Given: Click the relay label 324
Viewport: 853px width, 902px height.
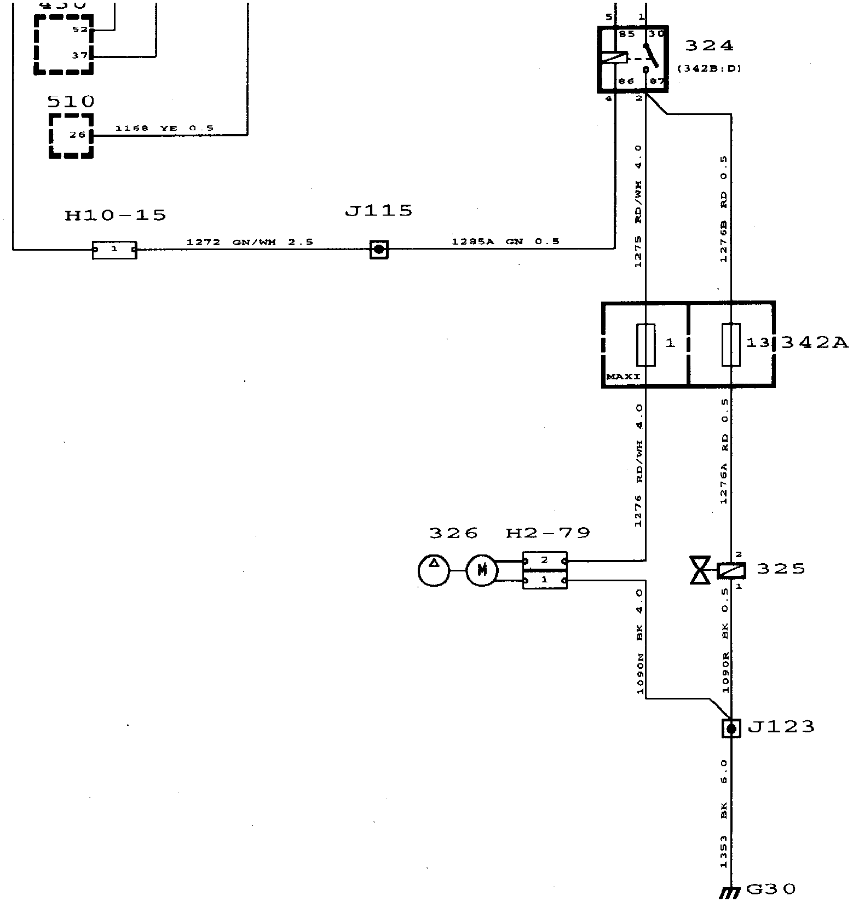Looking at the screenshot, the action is click(x=708, y=45).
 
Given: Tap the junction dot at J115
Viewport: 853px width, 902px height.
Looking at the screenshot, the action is click(x=379, y=250).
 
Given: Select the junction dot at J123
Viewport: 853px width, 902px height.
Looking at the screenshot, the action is click(x=731, y=728).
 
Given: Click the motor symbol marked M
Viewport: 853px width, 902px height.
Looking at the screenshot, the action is click(x=482, y=571).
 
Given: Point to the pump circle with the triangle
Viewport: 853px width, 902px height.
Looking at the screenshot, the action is click(x=434, y=570).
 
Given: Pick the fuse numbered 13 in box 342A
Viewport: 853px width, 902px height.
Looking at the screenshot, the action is click(x=731, y=344).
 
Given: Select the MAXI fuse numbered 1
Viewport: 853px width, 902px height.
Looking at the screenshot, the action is click(x=646, y=344).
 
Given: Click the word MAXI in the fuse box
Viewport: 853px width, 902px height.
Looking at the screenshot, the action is click(x=623, y=377).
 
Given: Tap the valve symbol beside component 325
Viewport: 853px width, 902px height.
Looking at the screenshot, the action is click(x=700, y=570).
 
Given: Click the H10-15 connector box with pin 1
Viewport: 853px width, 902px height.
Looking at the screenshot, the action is click(x=114, y=250).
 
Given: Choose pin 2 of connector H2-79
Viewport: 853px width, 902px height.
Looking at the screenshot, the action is click(x=544, y=560).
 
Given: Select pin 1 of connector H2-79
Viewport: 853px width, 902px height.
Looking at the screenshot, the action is click(x=544, y=580).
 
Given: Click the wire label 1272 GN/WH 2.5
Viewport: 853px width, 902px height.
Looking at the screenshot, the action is click(x=250, y=242).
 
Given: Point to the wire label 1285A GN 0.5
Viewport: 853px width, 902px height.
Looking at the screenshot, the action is click(x=505, y=241).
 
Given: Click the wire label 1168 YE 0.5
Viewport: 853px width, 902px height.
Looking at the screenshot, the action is click(x=164, y=129).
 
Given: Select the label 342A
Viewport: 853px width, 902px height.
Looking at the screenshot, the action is click(x=814, y=343).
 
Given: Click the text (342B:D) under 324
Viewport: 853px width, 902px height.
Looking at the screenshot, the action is click(x=709, y=69).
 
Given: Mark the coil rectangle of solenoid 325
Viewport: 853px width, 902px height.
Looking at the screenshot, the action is click(x=731, y=571).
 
